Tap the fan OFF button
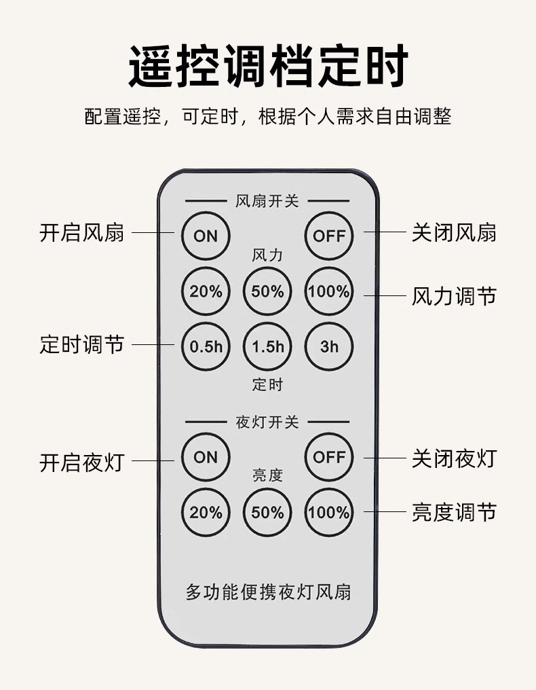(329, 236)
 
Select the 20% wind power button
(206, 291)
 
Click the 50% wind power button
(267, 291)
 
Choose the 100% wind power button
(329, 291)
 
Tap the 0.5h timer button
(206, 346)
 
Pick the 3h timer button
(329, 346)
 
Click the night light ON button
(206, 457)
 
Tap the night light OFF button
(329, 457)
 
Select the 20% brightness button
(206, 512)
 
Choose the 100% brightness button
(329, 512)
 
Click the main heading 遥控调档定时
(268, 66)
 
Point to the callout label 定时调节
(82, 344)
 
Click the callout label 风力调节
(454, 296)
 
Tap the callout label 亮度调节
(454, 512)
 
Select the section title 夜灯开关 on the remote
(267, 422)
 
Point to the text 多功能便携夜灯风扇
(268, 592)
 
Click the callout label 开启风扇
(82, 233)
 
